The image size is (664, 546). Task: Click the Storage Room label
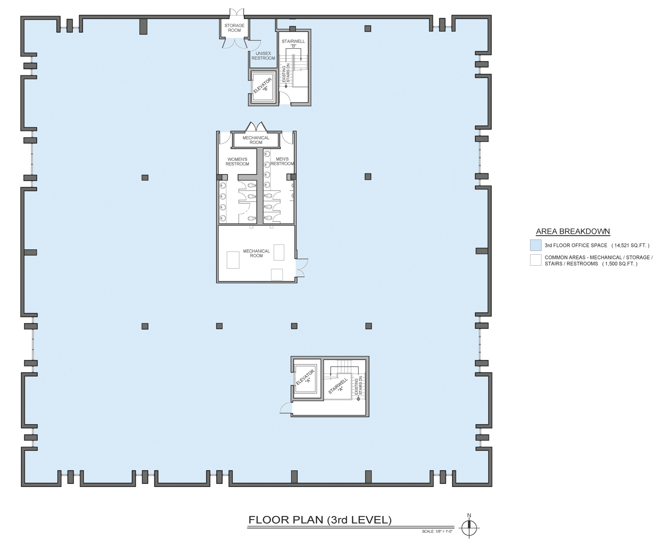[234, 28]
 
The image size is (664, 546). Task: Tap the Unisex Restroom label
[263, 56]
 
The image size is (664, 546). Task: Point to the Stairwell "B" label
[293, 43]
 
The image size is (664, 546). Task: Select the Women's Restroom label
[237, 161]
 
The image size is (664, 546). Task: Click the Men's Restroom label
[282, 161]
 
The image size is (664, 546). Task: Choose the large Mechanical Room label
[256, 253]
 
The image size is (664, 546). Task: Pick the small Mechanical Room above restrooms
[256, 140]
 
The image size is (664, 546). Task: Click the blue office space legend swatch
[536, 245]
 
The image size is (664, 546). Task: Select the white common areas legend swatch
[536, 260]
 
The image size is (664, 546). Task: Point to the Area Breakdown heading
[573, 231]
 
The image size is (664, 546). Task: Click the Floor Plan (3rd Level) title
[320, 520]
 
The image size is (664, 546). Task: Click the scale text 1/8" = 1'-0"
[437, 531]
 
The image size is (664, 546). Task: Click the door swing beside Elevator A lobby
[286, 408]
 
